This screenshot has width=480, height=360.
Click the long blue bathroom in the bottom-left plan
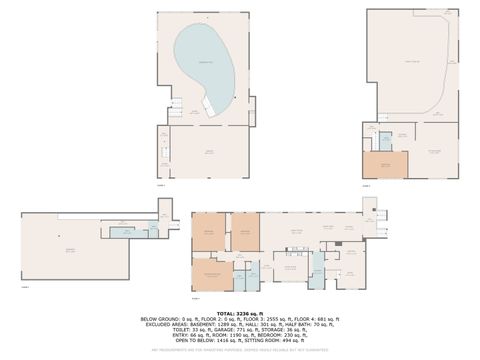coord(126,232)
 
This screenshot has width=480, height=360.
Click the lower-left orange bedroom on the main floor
coord(211,269)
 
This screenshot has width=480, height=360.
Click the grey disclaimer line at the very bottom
coord(240,349)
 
